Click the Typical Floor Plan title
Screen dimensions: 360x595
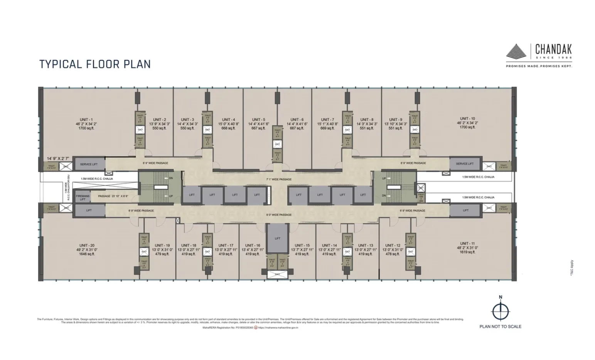click(95, 64)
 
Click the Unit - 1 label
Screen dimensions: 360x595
click(86, 119)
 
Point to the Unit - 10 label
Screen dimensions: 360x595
click(467, 119)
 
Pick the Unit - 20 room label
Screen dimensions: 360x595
click(87, 246)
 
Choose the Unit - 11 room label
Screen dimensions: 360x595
click(467, 244)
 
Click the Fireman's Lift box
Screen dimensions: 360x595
click(83, 198)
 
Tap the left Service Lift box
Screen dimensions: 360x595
click(89, 164)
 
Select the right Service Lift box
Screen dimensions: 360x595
click(465, 164)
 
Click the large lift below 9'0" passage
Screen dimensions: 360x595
click(278, 239)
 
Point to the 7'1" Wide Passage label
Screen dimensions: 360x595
click(279, 180)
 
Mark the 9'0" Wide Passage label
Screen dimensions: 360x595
click(279, 215)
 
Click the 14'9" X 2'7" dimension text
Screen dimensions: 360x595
click(58, 158)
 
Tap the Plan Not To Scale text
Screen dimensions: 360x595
click(500, 326)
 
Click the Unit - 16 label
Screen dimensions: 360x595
click(253, 246)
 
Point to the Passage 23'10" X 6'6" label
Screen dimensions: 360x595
click(113, 196)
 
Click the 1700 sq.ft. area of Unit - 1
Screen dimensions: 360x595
click(86, 128)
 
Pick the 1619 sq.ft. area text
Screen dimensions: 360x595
click(467, 252)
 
